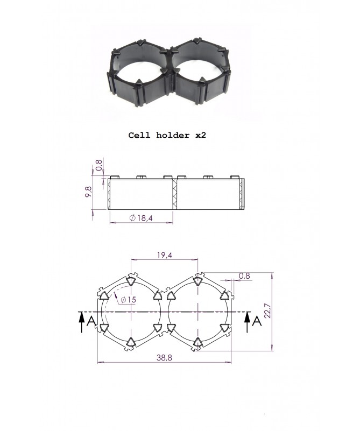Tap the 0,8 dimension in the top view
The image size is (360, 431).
tap(244, 276)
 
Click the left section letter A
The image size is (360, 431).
tap(92, 321)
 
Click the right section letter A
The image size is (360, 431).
tap(257, 321)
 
